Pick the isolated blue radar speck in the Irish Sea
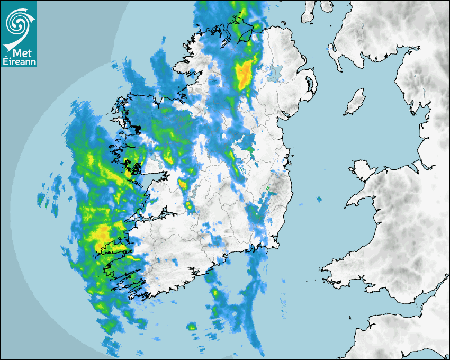tap(319, 200)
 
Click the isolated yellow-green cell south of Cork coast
tap(192, 327)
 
